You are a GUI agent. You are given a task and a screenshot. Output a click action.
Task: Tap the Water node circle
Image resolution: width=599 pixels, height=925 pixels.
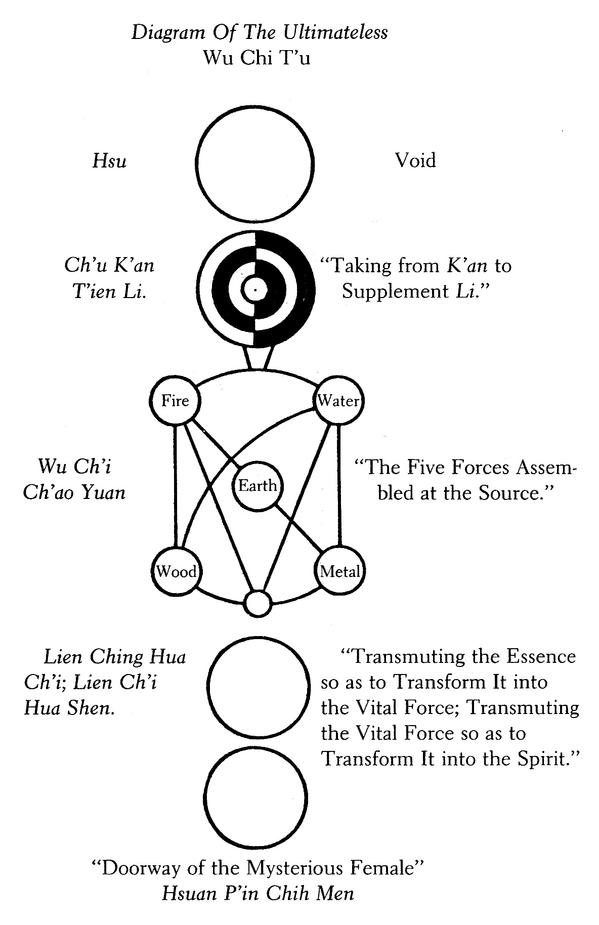click(339, 401)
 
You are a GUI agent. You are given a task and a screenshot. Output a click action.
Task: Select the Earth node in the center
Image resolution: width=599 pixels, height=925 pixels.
click(258, 487)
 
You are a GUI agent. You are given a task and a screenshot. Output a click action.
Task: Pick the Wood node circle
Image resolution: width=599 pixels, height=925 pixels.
click(176, 572)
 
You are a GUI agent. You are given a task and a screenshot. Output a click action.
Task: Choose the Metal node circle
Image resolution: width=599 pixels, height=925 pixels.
click(340, 572)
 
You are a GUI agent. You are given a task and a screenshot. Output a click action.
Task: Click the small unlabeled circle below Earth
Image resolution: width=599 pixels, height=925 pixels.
click(258, 603)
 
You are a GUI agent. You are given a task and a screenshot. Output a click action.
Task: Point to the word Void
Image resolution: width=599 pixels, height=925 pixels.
click(415, 161)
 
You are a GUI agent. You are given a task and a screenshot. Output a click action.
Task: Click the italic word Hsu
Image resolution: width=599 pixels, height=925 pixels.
click(110, 161)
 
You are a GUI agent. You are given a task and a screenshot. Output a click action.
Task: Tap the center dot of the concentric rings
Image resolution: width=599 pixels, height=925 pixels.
click(255, 289)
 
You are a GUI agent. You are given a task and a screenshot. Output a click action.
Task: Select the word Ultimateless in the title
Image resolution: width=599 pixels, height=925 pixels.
click(335, 33)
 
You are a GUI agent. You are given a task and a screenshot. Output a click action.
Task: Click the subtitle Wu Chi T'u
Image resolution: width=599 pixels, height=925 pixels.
click(256, 58)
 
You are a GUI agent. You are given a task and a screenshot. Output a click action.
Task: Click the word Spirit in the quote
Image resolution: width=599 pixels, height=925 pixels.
click(546, 759)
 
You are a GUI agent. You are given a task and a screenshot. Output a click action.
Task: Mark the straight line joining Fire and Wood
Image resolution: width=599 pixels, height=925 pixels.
click(176, 486)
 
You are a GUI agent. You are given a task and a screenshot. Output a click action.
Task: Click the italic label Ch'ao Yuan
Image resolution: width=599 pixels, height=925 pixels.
click(74, 492)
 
